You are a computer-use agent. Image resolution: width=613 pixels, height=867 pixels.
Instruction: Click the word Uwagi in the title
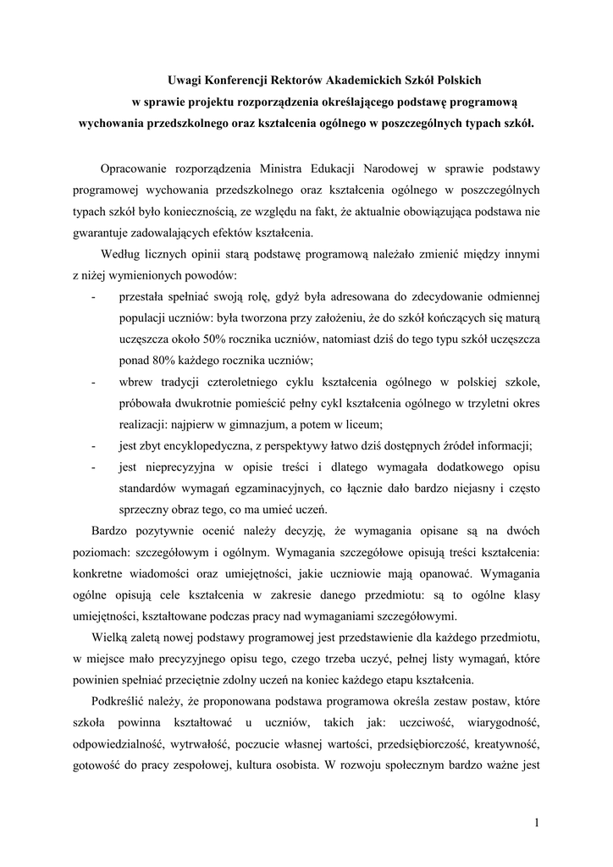tap(185, 80)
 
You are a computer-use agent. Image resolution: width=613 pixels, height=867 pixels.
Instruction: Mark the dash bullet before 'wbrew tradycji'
tap(92, 382)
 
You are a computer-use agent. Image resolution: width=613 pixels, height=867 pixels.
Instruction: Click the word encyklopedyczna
tap(213, 445)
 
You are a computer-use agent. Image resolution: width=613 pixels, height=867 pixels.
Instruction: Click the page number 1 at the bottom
tap(537, 822)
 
